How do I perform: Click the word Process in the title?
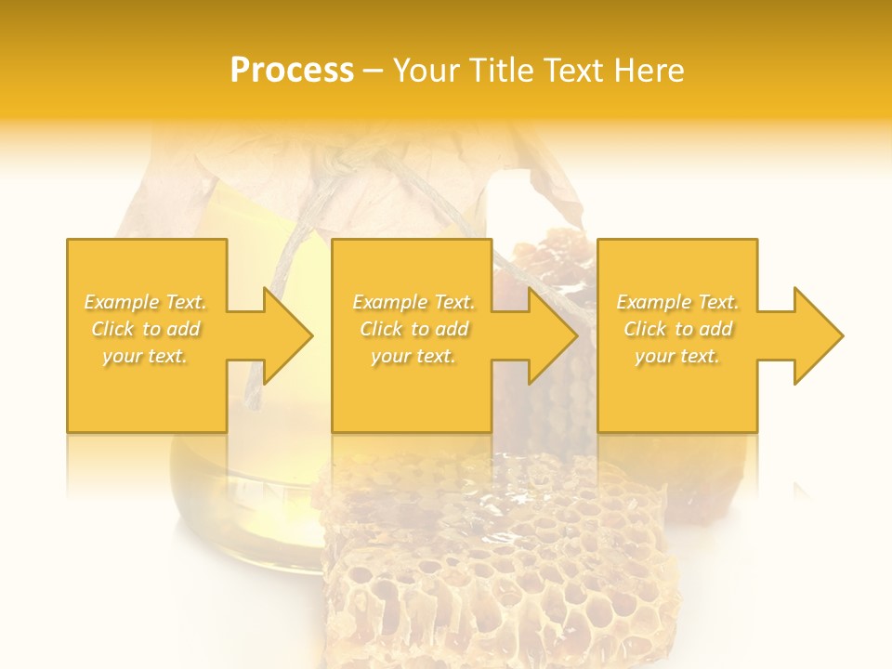point(292,71)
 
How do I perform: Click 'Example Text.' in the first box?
point(145,302)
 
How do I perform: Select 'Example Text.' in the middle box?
point(413,302)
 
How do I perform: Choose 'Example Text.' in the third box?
point(677,302)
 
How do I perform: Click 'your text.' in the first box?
point(145,356)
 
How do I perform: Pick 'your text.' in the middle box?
point(413,356)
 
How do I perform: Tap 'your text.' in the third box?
point(677,356)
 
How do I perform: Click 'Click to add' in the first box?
point(145,329)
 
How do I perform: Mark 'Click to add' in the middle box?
point(413,329)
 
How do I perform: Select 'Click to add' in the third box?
point(677,329)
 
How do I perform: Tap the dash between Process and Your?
point(374,72)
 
